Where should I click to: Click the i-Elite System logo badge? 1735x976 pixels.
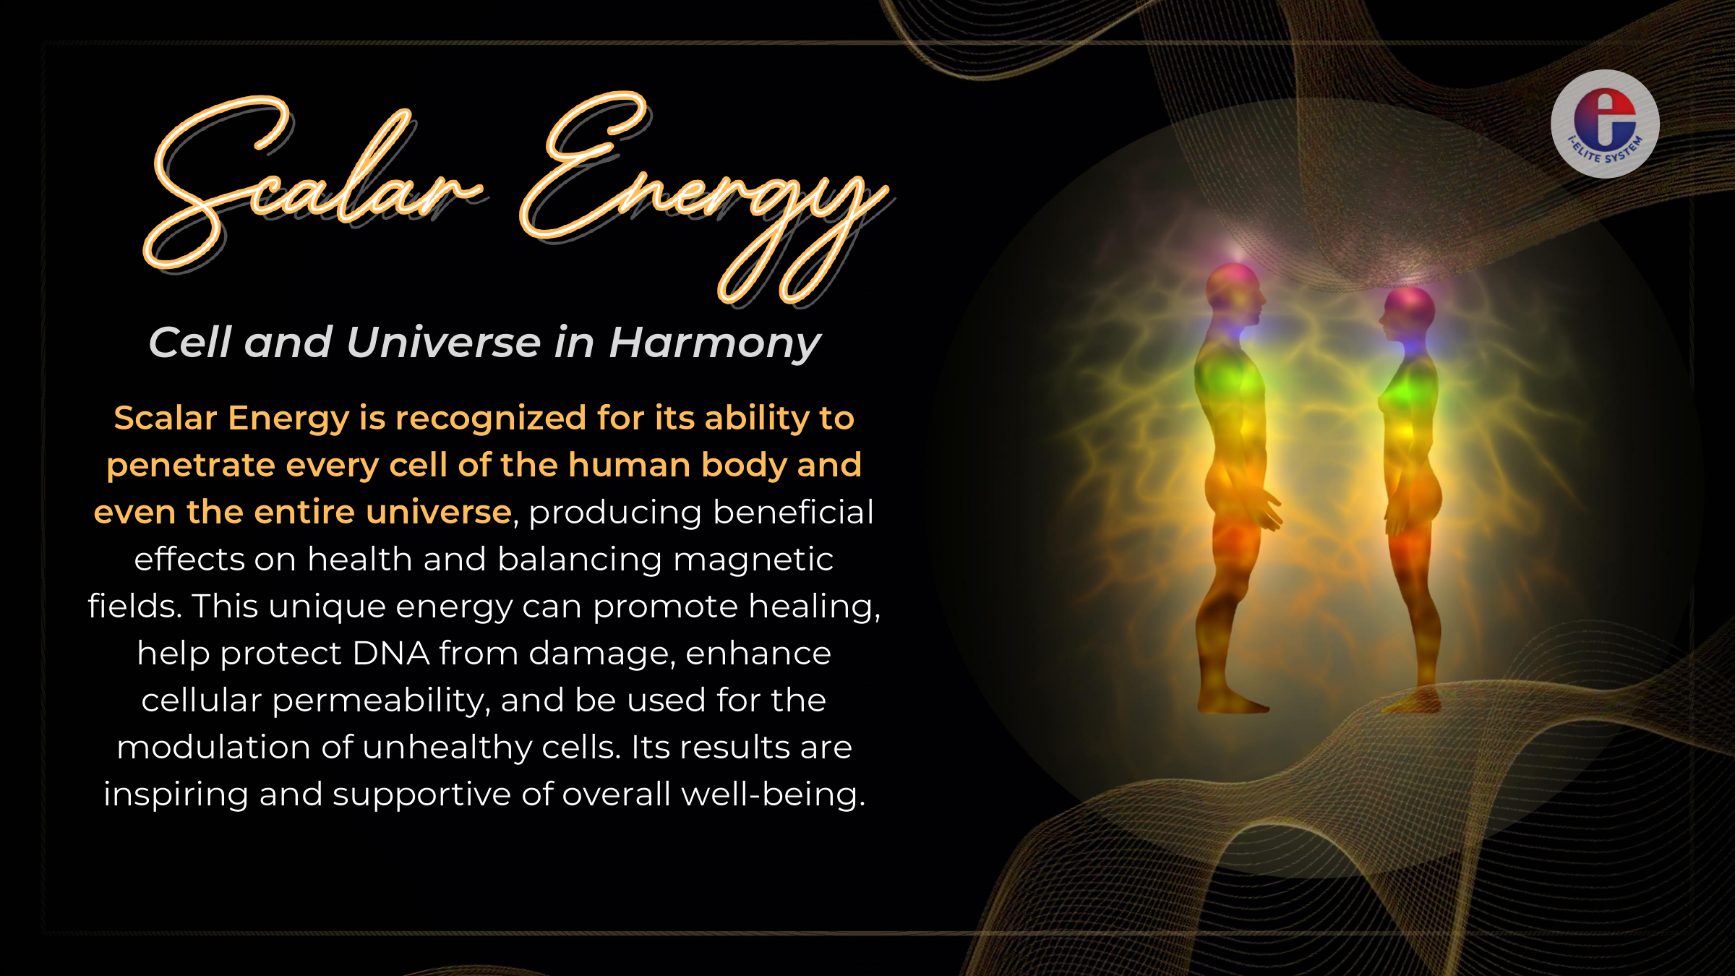tap(1605, 124)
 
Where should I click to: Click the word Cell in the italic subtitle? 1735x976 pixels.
tap(190, 342)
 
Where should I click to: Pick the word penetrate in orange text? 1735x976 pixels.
tap(191, 466)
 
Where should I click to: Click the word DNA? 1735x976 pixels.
tap(391, 653)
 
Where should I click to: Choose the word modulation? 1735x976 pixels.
tap(213, 747)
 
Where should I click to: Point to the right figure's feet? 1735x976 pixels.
tap(1413, 701)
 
